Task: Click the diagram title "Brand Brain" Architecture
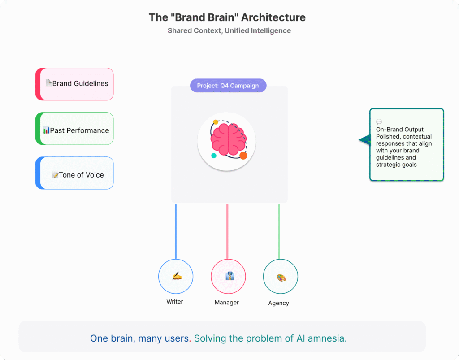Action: (227, 18)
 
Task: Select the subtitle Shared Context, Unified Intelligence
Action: (229, 31)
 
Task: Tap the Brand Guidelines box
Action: (75, 84)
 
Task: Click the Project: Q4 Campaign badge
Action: (228, 86)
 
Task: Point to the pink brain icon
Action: (228, 140)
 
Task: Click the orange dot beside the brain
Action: (243, 156)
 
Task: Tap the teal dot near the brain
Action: (214, 156)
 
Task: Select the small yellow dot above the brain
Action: (216, 122)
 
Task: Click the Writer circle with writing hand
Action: (176, 277)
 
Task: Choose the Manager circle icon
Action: (228, 276)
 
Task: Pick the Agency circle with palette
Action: (280, 277)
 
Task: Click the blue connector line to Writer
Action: (176, 231)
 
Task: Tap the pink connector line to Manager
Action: (227, 231)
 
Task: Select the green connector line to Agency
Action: (279, 231)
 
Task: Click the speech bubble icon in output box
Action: (379, 122)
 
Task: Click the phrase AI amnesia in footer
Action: (321, 338)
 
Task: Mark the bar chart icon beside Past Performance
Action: (46, 130)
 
